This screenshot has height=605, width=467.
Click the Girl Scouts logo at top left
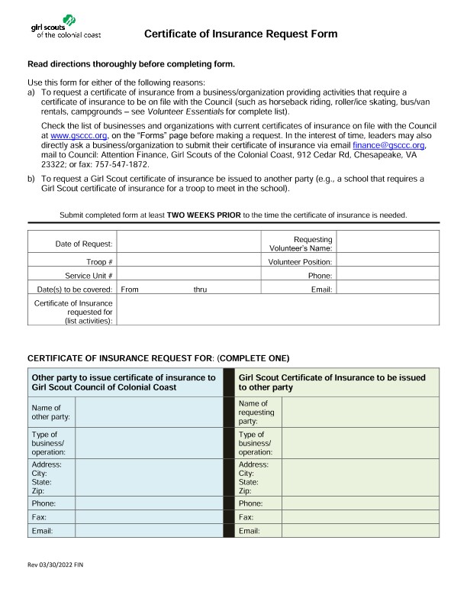click(x=65, y=30)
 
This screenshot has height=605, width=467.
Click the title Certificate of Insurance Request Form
click(x=240, y=34)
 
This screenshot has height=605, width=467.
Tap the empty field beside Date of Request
click(x=189, y=243)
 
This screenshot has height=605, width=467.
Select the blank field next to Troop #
click(x=189, y=262)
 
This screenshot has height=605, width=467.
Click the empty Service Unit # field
click(x=189, y=275)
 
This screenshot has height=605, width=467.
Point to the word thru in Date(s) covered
click(x=200, y=290)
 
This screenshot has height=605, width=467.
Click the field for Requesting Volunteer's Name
click(x=388, y=243)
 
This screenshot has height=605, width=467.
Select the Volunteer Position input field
click(x=388, y=262)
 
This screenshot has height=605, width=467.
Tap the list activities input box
click(x=279, y=311)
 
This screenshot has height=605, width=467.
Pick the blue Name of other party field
click(x=148, y=412)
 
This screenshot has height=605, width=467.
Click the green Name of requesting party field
click(x=360, y=412)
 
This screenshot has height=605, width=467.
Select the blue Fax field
click(x=148, y=517)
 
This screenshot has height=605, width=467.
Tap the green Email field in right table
click(x=360, y=531)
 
